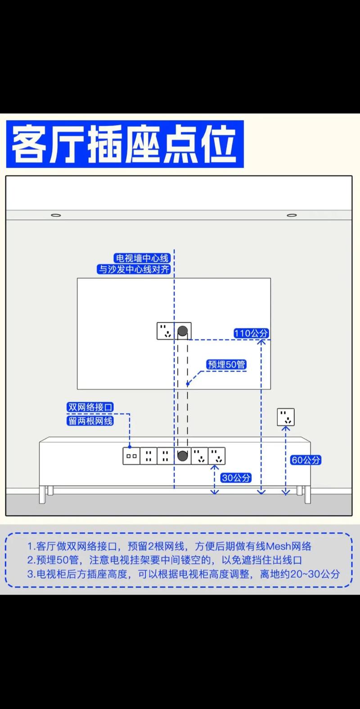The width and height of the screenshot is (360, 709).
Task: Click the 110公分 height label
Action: pyautogui.click(x=251, y=333)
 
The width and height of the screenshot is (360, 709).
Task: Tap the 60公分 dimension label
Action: pyautogui.click(x=306, y=460)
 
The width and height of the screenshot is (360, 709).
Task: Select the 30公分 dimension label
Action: pyautogui.click(x=236, y=478)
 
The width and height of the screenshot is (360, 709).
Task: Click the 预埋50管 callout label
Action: pyautogui.click(x=226, y=365)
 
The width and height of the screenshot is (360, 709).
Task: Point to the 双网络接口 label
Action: pyautogui.click(x=90, y=407)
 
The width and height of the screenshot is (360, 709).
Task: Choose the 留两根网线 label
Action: pyautogui.click(x=90, y=421)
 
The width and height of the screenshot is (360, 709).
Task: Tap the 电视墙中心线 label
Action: pyautogui.click(x=142, y=258)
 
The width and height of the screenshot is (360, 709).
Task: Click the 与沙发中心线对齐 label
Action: pyautogui.click(x=134, y=269)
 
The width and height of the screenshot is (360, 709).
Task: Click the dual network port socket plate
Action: pyautogui.click(x=131, y=456)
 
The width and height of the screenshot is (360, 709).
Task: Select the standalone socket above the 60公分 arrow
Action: pyautogui.click(x=286, y=417)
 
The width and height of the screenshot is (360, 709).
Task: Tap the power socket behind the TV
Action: pyautogui.click(x=165, y=331)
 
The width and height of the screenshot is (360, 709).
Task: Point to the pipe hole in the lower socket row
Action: pyautogui.click(x=182, y=456)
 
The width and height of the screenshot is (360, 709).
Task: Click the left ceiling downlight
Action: pyautogui.click(x=56, y=215)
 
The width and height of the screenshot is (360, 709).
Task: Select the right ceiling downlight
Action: pyautogui.click(x=292, y=215)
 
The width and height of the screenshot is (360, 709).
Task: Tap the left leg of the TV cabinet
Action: pyautogui.click(x=42, y=494)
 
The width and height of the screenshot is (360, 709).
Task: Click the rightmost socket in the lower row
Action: pyautogui.click(x=216, y=456)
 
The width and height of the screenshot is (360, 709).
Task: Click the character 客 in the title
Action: pyautogui.click(x=28, y=144)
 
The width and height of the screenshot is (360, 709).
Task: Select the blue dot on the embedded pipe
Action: pyautogui.click(x=188, y=384)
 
